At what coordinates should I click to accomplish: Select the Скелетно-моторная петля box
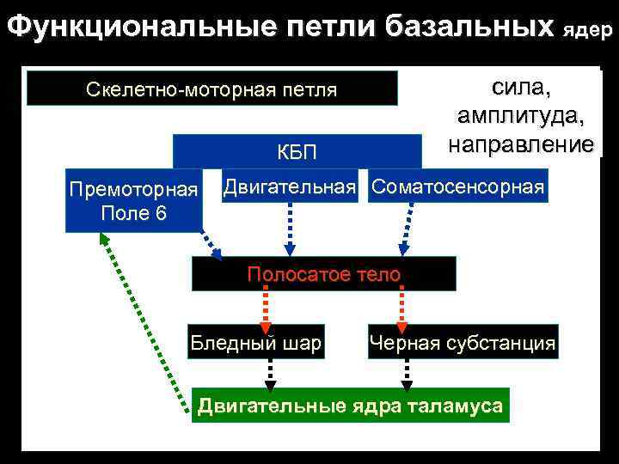[x=212, y=89]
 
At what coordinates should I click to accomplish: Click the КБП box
[x=297, y=152]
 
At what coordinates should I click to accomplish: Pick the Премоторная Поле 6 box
[x=133, y=201]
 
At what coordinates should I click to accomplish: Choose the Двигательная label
[x=290, y=186]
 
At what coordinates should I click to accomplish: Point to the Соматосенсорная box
[x=457, y=186]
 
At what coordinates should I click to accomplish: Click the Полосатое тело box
[x=323, y=274]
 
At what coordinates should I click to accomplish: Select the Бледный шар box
[x=256, y=344]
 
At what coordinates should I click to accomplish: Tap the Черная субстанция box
[x=463, y=344]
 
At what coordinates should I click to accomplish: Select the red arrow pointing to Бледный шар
[x=266, y=308]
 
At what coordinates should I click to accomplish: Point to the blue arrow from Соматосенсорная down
[x=404, y=229]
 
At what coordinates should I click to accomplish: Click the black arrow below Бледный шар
[x=270, y=374]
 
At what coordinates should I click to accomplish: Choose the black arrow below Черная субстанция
[x=407, y=374]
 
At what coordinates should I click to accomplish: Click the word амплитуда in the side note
[x=521, y=116]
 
